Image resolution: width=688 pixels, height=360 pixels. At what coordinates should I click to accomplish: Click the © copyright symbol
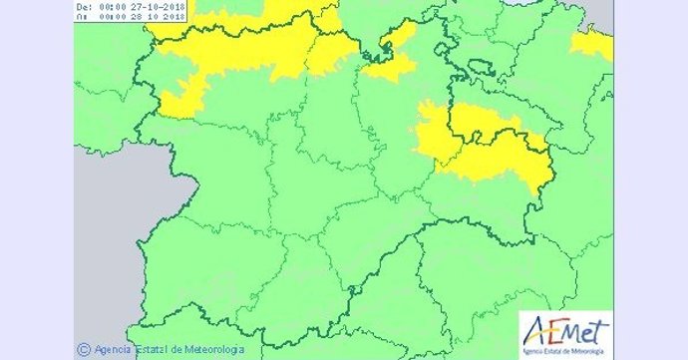tap(83, 349)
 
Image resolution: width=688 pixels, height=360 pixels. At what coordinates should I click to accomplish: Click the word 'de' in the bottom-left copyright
tap(179, 349)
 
